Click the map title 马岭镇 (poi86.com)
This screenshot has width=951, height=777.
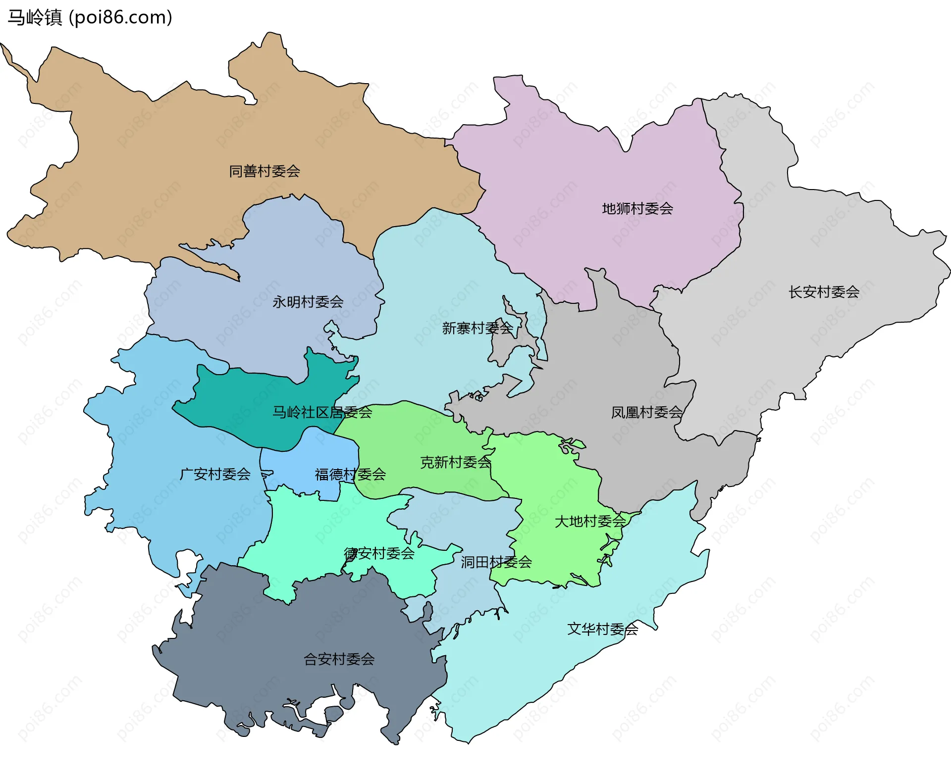pyautogui.click(x=90, y=17)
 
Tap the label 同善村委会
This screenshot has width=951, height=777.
pyautogui.click(x=264, y=171)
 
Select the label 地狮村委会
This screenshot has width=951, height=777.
pyautogui.click(x=637, y=209)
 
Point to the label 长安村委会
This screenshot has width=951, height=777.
pyautogui.click(x=824, y=292)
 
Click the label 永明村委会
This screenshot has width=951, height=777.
pyautogui.click(x=308, y=302)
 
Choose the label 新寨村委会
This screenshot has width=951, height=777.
pyautogui.click(x=477, y=328)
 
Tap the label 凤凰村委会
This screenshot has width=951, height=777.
pyautogui.click(x=646, y=412)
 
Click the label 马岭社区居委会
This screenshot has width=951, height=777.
pyautogui.click(x=322, y=412)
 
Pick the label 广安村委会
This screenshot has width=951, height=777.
pyautogui.click(x=215, y=474)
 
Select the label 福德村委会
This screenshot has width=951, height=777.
pyautogui.click(x=350, y=475)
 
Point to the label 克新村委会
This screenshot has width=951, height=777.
pyautogui.click(x=456, y=462)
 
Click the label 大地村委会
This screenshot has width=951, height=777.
pyautogui.click(x=590, y=521)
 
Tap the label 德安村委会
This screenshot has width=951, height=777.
pyautogui.click(x=379, y=553)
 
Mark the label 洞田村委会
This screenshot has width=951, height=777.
pyautogui.click(x=496, y=562)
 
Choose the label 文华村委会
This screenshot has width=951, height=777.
pyautogui.click(x=603, y=629)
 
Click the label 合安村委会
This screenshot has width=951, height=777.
pyautogui.click(x=339, y=659)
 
